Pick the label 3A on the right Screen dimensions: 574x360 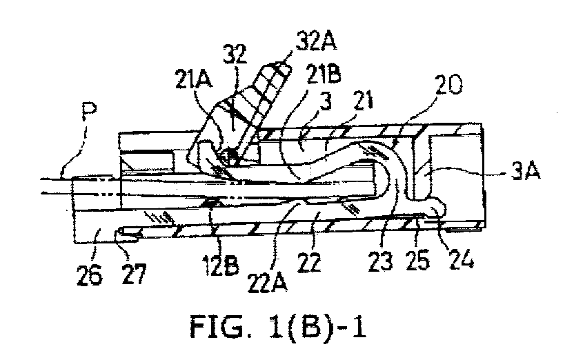pyautogui.click(x=525, y=171)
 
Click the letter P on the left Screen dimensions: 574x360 pyautogui.click(x=88, y=112)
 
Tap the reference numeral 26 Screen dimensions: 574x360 pyautogui.click(x=89, y=274)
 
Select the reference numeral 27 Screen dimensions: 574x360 pyautogui.click(x=134, y=274)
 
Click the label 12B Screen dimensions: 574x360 pyautogui.click(x=220, y=264)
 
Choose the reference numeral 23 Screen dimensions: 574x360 pyautogui.click(x=380, y=261)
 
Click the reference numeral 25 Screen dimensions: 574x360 pyautogui.click(x=417, y=261)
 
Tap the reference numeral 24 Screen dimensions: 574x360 pyautogui.click(x=462, y=259)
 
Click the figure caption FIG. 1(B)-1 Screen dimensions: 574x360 pyautogui.click(x=278, y=327)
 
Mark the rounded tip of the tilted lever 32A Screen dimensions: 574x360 pyautogui.click(x=283, y=67)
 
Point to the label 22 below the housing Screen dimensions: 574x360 pyautogui.click(x=309, y=262)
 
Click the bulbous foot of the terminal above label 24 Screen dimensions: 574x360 pyautogui.click(x=436, y=208)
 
